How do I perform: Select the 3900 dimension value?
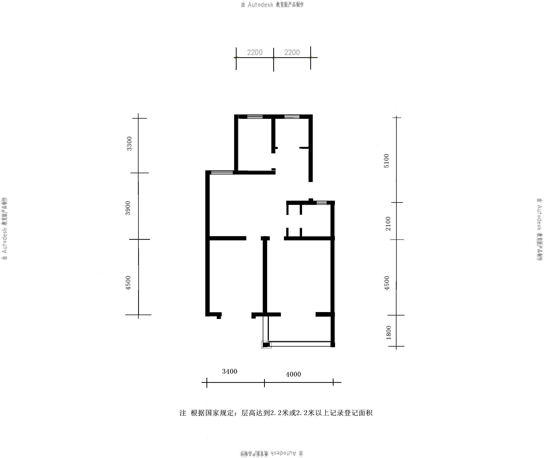click(128, 208)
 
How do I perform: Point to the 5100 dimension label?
click(387, 161)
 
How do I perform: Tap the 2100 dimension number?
click(388, 224)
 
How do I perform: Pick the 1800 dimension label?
click(389, 332)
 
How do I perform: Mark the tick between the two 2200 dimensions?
click(273, 59)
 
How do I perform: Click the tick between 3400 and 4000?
click(264, 383)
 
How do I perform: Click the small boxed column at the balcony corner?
click(266, 345)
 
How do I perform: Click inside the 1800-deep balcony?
click(299, 329)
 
